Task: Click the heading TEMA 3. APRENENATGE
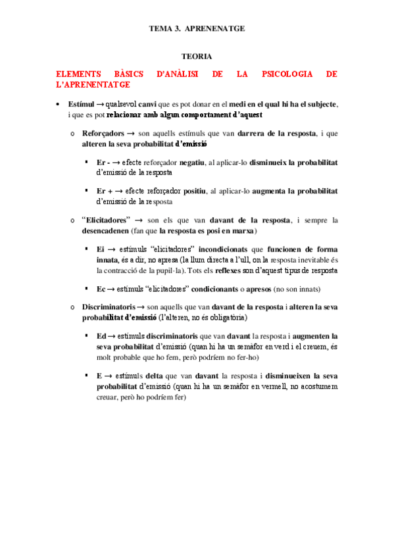point(197,29)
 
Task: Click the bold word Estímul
point(82,105)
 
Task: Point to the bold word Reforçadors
point(103,133)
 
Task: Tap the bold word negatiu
point(192,162)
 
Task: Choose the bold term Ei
point(100,249)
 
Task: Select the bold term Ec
point(101,288)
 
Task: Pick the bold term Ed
point(101,336)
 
